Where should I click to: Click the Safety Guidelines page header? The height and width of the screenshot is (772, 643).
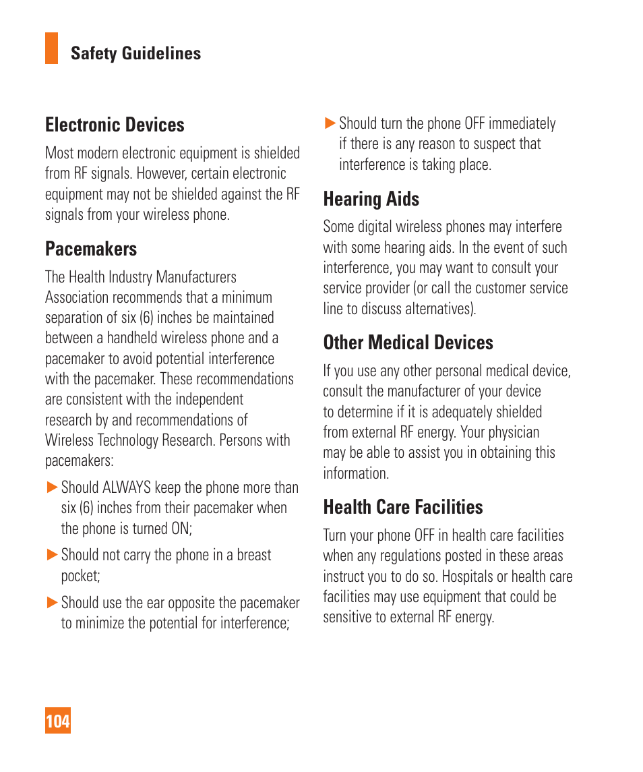point(135,53)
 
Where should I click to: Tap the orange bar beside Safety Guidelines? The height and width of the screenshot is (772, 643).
point(51,49)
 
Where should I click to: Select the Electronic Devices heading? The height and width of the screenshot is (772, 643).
point(115,125)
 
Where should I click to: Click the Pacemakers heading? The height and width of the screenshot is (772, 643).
point(91,249)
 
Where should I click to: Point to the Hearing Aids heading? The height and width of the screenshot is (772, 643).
point(371,199)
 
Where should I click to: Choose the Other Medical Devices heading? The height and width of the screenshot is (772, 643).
point(408,343)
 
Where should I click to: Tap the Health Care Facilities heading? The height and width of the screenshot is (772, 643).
point(403,507)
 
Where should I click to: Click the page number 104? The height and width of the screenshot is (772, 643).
point(58,721)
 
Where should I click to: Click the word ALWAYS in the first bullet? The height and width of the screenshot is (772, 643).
point(127,487)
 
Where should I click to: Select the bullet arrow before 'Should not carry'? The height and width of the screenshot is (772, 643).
point(52,555)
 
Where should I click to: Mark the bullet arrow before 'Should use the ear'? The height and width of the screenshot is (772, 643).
point(52,602)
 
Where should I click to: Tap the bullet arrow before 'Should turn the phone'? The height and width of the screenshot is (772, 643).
point(330,123)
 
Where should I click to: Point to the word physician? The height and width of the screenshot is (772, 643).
point(514,432)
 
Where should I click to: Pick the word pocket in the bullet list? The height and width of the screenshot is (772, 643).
point(80,576)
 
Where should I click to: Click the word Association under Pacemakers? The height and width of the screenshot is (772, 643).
point(76,297)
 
